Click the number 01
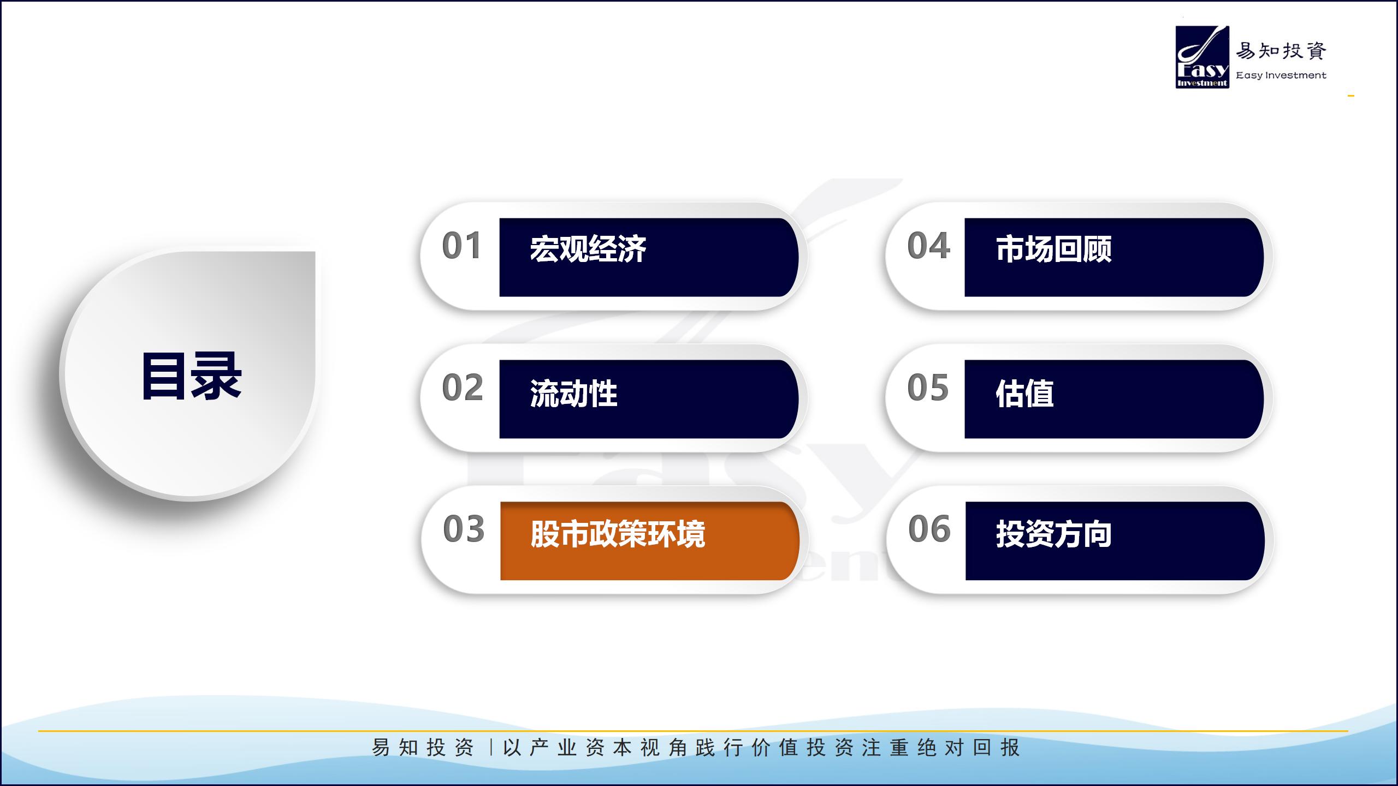(x=461, y=246)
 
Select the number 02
(x=463, y=388)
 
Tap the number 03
(x=464, y=529)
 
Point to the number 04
(x=928, y=246)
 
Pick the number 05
(x=928, y=388)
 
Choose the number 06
(x=929, y=529)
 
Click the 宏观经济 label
(x=588, y=249)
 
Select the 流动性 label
(x=573, y=393)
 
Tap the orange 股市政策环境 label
(x=618, y=534)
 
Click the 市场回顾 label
(x=1053, y=249)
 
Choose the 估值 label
(x=1024, y=393)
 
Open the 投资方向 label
(x=1054, y=534)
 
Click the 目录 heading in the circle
(x=191, y=376)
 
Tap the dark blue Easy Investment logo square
(x=1202, y=57)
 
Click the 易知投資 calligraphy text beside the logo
(x=1281, y=51)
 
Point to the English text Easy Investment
(x=1281, y=75)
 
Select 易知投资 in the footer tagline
(x=423, y=748)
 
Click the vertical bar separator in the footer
(x=491, y=747)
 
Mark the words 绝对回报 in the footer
(x=968, y=748)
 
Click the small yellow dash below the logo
(x=1350, y=96)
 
